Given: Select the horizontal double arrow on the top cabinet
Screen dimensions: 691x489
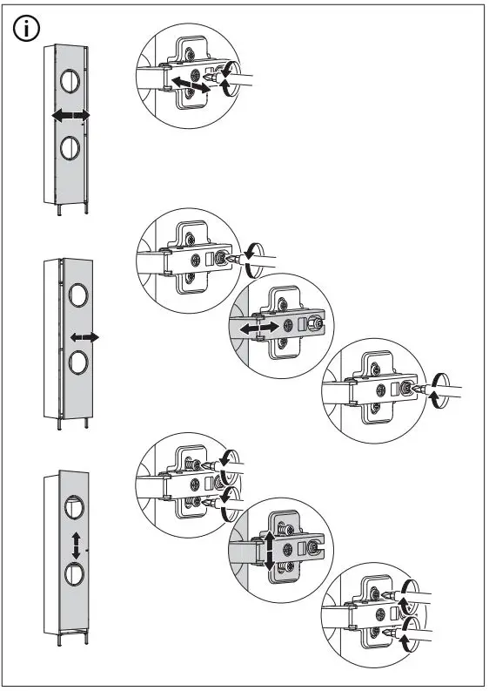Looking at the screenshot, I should (70, 116).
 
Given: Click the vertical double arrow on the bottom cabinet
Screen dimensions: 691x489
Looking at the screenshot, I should (77, 545).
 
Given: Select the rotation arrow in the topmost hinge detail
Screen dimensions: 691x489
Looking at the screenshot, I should (224, 79).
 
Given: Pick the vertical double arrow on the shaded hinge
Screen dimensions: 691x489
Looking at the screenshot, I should (270, 552).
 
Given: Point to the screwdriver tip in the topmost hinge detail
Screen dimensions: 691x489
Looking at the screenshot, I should (211, 87).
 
